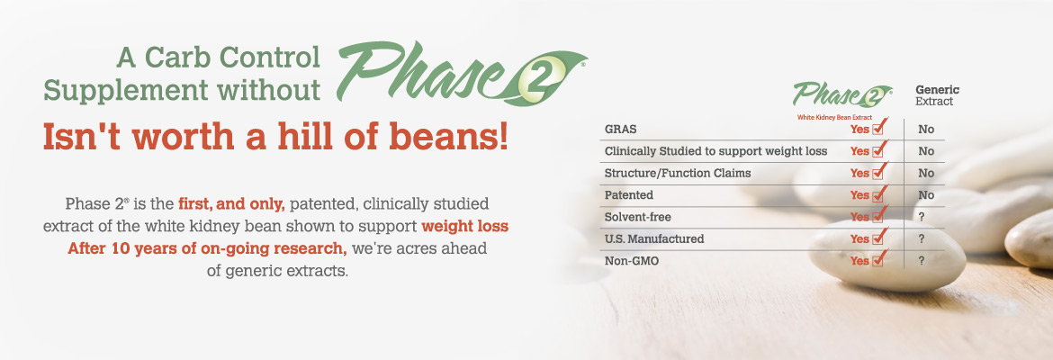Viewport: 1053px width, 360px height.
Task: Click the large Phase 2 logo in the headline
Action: (462, 73)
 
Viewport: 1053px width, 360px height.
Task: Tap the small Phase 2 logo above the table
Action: (842, 94)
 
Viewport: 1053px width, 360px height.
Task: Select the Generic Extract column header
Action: (938, 95)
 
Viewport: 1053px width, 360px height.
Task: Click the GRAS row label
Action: (620, 130)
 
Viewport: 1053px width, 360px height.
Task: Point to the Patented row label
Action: (628, 194)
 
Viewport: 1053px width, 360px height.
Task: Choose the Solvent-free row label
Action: (638, 217)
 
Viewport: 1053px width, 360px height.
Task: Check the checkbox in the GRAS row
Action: (878, 129)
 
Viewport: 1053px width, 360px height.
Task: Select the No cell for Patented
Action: (926, 195)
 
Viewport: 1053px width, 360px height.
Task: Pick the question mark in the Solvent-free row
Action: (922, 217)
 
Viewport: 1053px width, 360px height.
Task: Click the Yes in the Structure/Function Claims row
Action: (859, 174)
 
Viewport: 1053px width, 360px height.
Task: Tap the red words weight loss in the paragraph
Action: (464, 226)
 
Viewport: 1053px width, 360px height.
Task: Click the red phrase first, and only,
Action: (231, 203)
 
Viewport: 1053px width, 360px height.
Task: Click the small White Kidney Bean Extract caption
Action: (834, 118)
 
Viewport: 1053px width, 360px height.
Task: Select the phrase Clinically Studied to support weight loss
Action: (715, 151)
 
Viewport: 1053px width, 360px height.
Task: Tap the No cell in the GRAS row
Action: (926, 130)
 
